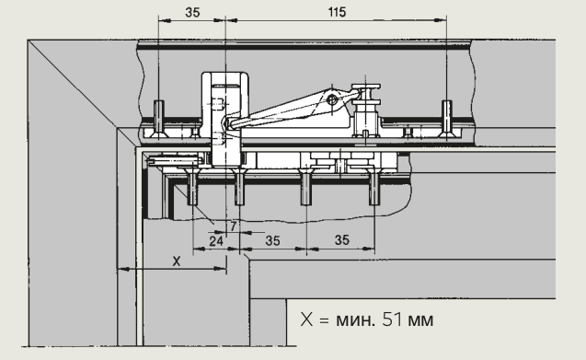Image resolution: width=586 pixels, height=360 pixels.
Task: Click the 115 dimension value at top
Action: click(x=337, y=12)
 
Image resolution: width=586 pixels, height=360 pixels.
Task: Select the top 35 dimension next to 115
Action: click(x=192, y=12)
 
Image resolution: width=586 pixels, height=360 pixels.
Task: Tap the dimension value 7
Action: click(x=234, y=226)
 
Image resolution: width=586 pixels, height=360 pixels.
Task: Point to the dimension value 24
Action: click(x=216, y=241)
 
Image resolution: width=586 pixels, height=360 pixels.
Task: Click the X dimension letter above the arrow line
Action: click(x=177, y=261)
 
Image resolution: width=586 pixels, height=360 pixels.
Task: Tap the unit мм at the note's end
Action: click(x=420, y=321)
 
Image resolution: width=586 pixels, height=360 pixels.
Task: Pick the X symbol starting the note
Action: click(x=306, y=319)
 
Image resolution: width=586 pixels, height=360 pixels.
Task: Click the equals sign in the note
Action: click(x=324, y=320)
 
